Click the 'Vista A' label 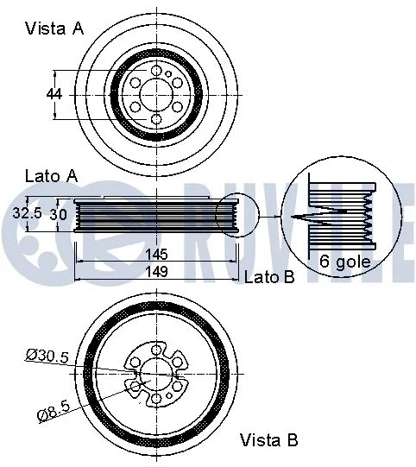[x=54, y=28]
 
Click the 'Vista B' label [x=269, y=440]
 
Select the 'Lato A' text [x=50, y=175]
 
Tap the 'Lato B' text [x=269, y=277]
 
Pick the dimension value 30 [x=57, y=212]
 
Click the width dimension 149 [x=157, y=272]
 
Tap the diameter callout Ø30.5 [x=47, y=354]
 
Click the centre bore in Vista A [x=156, y=93]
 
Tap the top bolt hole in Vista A [x=156, y=71]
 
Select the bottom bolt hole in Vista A [x=156, y=118]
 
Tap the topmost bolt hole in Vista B [x=156, y=348]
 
